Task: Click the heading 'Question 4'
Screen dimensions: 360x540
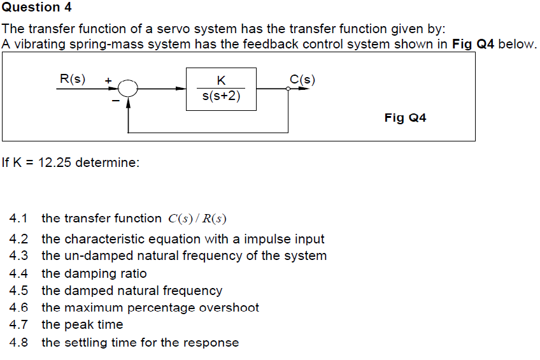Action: (36, 8)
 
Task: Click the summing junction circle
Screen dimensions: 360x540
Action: (129, 89)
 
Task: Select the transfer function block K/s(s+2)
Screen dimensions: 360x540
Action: (221, 89)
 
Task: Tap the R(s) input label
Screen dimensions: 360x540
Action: (72, 79)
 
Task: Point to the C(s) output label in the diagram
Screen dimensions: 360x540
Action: (302, 80)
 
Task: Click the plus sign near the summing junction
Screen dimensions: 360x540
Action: (108, 81)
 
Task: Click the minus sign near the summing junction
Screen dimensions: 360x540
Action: (115, 100)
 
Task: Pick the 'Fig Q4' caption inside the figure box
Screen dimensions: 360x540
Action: (405, 118)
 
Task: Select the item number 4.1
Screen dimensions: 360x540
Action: (19, 219)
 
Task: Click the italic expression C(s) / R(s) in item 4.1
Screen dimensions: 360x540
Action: (197, 219)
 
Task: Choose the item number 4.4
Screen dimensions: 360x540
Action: (19, 273)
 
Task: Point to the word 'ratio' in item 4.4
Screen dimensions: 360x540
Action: (132, 273)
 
